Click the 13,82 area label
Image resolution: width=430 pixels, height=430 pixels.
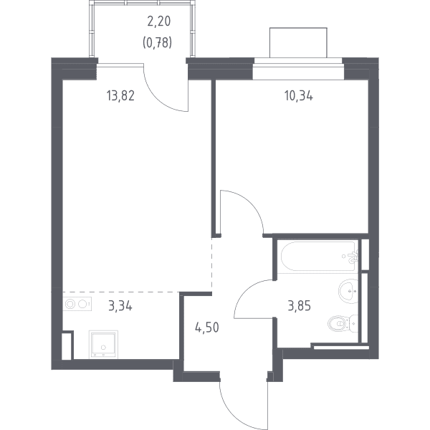120,96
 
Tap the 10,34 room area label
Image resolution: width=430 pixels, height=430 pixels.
299,96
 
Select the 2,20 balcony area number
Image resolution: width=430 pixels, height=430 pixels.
159,21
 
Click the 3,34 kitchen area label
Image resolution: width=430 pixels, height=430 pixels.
120,306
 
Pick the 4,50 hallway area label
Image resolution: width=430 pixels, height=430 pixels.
207,328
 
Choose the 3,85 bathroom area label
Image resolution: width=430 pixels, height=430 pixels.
300,306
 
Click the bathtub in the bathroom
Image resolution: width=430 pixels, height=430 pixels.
319,256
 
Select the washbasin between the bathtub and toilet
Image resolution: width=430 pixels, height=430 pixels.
348,291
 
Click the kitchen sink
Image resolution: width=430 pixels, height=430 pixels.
103,345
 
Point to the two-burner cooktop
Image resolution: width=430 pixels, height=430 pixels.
77,304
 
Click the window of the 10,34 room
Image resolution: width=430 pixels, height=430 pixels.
298,69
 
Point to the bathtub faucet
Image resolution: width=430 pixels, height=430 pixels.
353,257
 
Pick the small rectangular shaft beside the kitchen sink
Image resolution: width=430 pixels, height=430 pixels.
67,345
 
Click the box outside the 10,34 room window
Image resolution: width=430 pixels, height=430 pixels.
298,43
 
